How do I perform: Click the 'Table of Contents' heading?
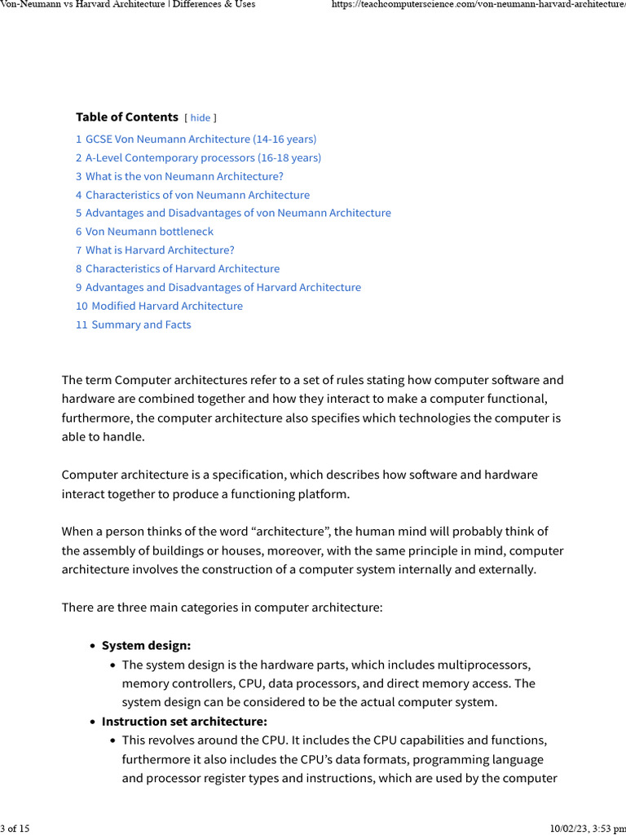126,117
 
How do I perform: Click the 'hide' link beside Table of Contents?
200,118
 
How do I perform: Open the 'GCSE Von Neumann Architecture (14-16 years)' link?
201,139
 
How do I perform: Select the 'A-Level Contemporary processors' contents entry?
203,158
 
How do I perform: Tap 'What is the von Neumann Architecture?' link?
184,176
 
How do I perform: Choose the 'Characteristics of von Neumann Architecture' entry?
197,195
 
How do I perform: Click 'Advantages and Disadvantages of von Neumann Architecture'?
238,213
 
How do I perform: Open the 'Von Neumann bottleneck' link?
149,232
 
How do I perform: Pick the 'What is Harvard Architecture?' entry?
160,250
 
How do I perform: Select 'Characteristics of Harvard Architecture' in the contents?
183,269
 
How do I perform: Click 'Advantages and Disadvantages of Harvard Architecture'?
223,288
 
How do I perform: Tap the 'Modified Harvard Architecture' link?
167,307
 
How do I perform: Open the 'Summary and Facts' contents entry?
141,325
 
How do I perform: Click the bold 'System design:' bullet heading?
146,646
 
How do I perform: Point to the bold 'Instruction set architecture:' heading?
184,722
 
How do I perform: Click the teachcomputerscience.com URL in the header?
478,5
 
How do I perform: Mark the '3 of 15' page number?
15,828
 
